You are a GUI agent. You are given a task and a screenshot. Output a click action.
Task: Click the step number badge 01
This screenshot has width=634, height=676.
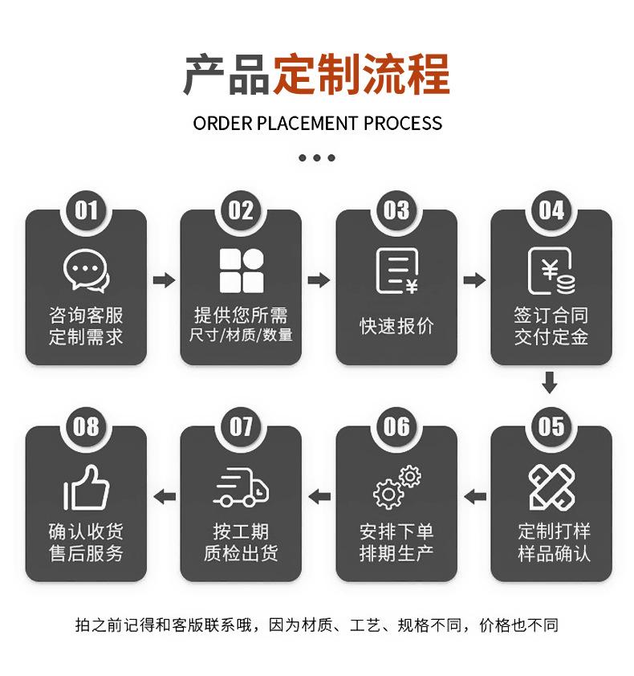(x=86, y=210)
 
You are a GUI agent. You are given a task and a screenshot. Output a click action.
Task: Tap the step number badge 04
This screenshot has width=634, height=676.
(x=551, y=210)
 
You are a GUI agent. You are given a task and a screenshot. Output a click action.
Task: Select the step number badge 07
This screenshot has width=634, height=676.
(x=241, y=427)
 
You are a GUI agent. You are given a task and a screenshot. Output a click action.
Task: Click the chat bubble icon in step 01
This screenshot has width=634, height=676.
(x=86, y=271)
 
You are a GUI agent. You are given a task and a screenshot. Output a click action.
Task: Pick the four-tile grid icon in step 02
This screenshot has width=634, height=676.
(x=242, y=271)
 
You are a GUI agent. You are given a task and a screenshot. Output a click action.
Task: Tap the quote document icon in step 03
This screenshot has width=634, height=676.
(x=397, y=271)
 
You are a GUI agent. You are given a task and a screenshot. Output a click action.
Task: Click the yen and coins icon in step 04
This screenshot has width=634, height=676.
(x=551, y=271)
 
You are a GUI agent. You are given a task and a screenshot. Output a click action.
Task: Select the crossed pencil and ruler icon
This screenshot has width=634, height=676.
(x=551, y=487)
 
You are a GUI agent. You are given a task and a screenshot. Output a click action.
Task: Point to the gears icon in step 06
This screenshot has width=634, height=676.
(x=397, y=487)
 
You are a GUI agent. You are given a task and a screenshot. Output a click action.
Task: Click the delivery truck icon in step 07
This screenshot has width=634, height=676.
(x=241, y=487)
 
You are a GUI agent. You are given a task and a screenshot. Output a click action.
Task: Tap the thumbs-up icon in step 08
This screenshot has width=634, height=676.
(x=86, y=487)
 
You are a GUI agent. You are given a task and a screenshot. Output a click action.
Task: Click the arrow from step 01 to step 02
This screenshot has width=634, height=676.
(x=164, y=280)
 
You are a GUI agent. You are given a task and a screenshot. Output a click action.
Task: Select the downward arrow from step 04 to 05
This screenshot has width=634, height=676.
(x=550, y=382)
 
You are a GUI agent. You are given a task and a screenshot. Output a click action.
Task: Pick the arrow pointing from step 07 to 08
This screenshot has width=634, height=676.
(x=165, y=497)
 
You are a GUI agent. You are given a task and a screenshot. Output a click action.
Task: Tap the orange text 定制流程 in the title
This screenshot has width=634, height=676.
(x=361, y=74)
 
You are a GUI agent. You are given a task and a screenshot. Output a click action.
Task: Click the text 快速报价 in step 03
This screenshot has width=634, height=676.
(x=396, y=326)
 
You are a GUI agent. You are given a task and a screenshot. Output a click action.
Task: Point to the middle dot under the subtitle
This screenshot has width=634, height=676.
(x=317, y=158)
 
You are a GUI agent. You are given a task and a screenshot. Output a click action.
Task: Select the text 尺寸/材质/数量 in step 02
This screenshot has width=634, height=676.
(x=241, y=335)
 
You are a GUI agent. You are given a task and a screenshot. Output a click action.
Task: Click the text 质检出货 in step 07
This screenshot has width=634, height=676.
(x=241, y=553)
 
